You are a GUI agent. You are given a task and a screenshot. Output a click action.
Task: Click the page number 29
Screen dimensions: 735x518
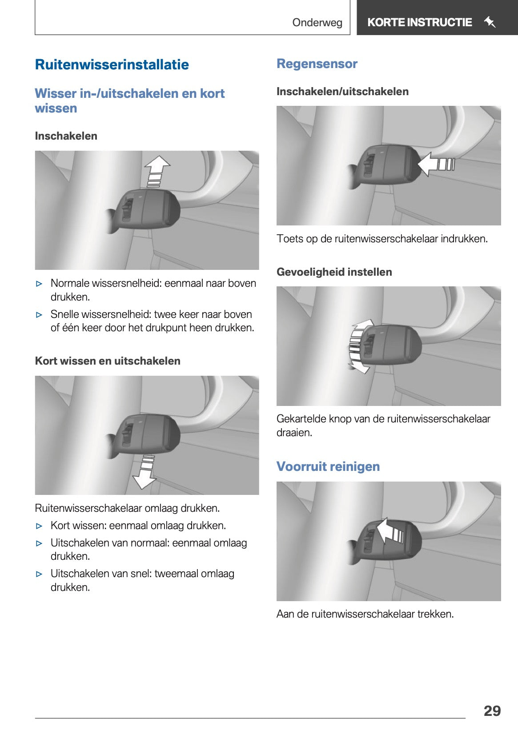(492, 711)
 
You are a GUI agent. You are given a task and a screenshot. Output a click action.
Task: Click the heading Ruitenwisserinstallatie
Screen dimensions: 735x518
(112, 64)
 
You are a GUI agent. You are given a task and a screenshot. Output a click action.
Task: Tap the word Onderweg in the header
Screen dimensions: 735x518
(317, 23)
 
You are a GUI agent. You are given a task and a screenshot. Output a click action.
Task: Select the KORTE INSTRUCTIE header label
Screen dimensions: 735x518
(419, 22)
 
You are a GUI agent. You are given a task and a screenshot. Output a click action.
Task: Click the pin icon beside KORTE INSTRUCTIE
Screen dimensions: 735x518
(490, 22)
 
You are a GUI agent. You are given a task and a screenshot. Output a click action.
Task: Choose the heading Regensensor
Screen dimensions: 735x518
(317, 64)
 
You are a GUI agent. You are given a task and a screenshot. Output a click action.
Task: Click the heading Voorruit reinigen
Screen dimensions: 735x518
(328, 466)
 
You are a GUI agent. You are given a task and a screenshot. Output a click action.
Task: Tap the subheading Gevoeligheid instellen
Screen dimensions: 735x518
(334, 272)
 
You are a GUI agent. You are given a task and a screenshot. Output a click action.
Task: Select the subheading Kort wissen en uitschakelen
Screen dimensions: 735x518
(108, 361)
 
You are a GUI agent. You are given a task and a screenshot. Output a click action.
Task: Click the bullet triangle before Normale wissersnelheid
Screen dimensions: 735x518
(40, 284)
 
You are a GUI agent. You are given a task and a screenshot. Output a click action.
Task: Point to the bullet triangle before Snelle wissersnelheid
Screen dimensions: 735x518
(40, 315)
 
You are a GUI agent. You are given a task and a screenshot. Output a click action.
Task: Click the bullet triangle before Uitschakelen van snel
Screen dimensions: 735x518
(40, 574)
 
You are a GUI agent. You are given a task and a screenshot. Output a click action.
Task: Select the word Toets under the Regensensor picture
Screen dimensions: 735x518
(289, 239)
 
